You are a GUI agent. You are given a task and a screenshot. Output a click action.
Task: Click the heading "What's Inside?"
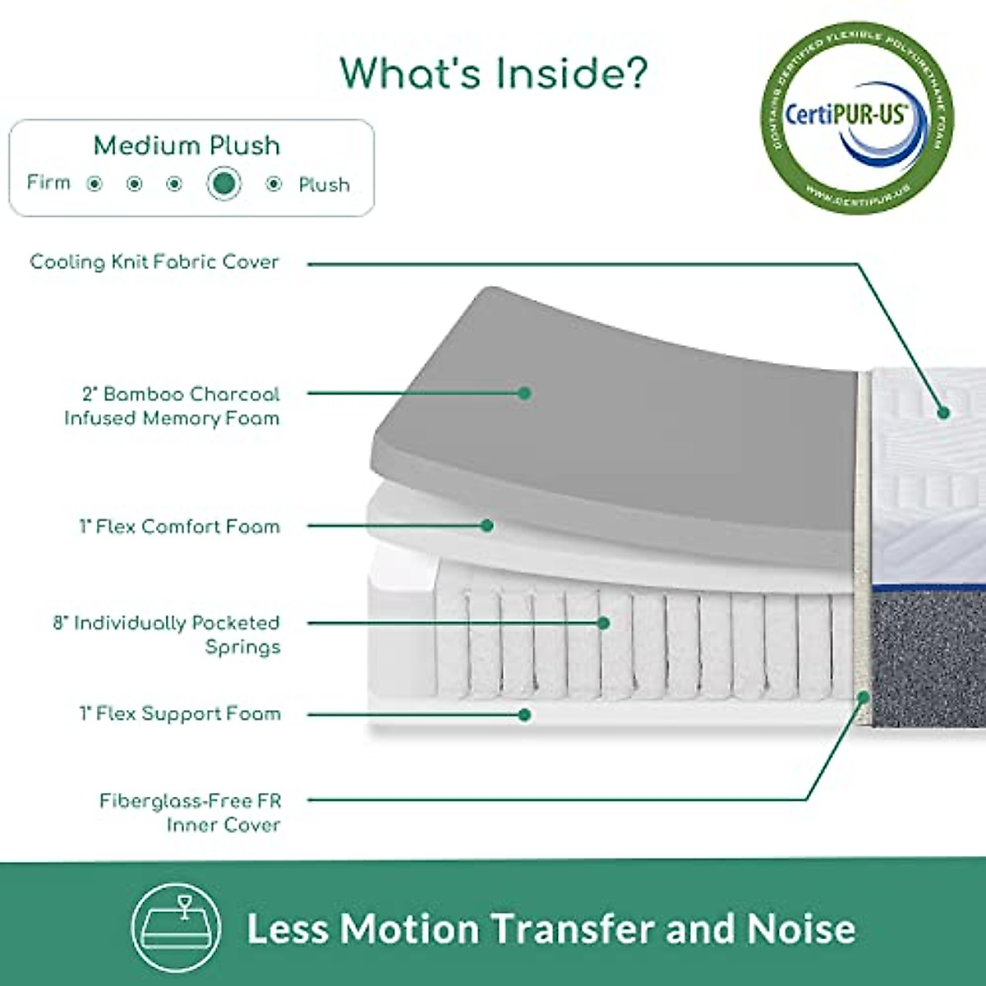pos(494,72)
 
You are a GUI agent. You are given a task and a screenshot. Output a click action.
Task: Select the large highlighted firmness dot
pos(223,183)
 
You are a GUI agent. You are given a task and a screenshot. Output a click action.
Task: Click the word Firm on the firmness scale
pos(48,182)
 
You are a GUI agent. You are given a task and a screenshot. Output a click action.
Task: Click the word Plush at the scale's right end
pos(324,185)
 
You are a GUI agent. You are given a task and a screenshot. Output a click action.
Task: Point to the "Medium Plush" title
pos(187,145)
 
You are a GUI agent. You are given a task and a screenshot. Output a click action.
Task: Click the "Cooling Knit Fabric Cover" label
pos(154,262)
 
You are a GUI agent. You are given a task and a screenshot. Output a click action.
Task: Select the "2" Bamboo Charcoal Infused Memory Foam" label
pos(172,406)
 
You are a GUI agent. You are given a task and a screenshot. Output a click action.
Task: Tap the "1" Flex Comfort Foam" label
pos(179,526)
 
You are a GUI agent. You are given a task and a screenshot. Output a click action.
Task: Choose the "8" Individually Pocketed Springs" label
pos(168,634)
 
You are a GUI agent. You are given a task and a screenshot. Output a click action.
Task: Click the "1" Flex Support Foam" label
pos(180,713)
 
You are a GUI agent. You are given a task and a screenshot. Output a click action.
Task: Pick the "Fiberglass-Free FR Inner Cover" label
pos(190,812)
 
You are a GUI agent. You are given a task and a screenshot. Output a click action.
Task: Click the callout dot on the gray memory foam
pos(524,394)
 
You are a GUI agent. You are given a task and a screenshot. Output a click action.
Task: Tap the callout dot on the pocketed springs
pos(603,623)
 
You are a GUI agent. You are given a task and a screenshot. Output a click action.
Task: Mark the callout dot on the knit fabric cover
pos(943,412)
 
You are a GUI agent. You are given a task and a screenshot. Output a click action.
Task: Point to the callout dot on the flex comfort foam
pos(486,525)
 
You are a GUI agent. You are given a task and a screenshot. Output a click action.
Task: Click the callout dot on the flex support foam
pos(524,715)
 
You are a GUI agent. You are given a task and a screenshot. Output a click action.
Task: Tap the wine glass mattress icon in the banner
pos(177,927)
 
